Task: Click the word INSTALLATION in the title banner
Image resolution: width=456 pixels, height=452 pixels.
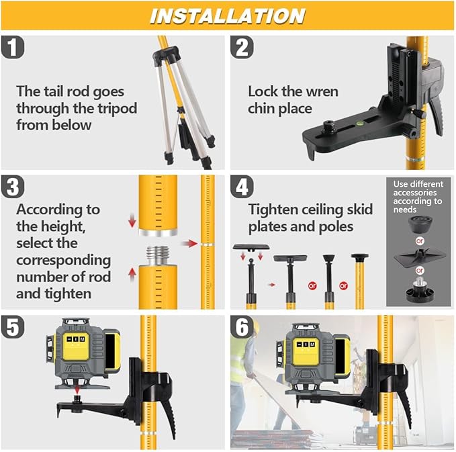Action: point(227,15)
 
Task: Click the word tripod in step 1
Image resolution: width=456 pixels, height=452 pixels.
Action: point(121,107)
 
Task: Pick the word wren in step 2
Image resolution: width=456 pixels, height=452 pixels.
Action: point(321,91)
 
